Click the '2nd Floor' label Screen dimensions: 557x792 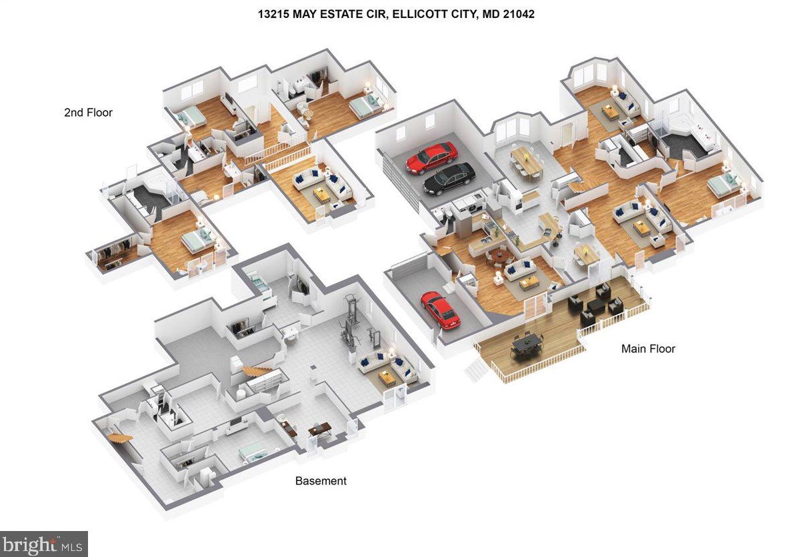point(88,113)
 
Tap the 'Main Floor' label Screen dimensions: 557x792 point(648,348)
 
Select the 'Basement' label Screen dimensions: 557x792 point(321,480)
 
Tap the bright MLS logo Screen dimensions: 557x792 point(43,544)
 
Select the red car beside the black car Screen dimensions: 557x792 point(432,157)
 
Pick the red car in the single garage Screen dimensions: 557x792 point(440,310)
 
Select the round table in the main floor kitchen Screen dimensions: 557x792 point(499,254)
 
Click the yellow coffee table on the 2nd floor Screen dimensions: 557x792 point(323,193)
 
